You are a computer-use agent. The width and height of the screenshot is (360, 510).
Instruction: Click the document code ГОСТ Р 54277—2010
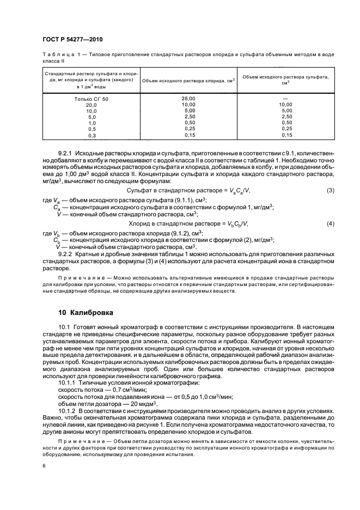point(72,40)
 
